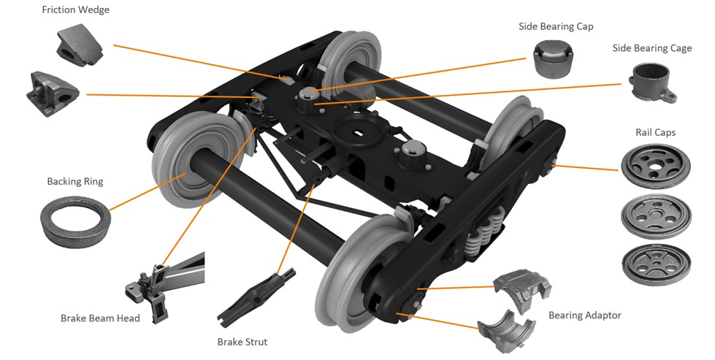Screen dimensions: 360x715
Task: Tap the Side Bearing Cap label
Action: (x=556, y=26)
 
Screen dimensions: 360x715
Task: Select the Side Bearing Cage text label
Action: (x=651, y=48)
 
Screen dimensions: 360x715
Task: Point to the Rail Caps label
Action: (x=655, y=132)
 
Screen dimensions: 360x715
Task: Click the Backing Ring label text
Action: (x=75, y=181)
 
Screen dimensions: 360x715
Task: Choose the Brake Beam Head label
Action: (x=99, y=318)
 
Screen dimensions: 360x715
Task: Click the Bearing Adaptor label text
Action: (x=585, y=315)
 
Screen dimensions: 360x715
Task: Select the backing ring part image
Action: (x=75, y=219)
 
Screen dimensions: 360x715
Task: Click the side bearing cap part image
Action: (x=553, y=59)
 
